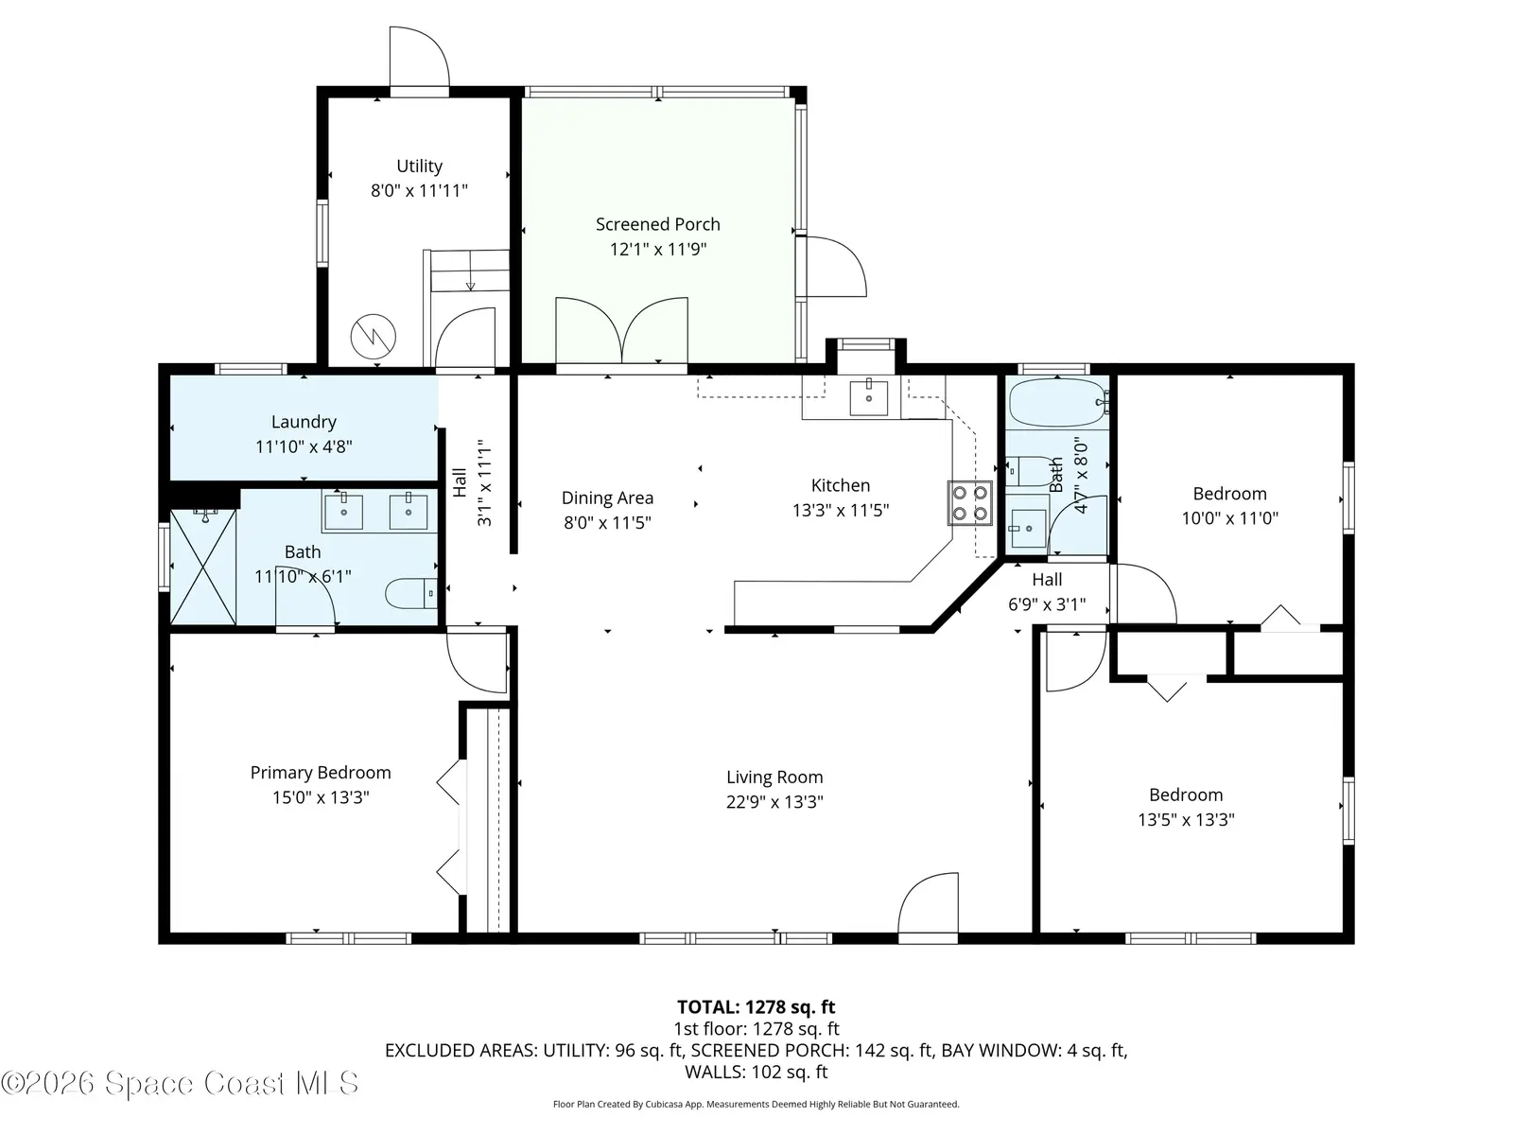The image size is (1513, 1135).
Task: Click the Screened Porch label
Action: pyautogui.click(x=657, y=225)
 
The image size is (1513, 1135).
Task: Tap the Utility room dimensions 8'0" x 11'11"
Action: pyautogui.click(x=419, y=191)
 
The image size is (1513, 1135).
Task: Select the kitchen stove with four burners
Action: pyautogui.click(x=969, y=503)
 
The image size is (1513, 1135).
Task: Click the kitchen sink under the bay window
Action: pyautogui.click(x=868, y=397)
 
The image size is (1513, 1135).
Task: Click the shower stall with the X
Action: pyautogui.click(x=202, y=567)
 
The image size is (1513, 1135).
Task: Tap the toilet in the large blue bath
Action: pyautogui.click(x=410, y=593)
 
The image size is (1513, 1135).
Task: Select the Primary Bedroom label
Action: pyautogui.click(x=321, y=773)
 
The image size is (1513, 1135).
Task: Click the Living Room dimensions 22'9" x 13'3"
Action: pyautogui.click(x=774, y=802)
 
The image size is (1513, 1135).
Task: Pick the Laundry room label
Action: pyautogui.click(x=304, y=422)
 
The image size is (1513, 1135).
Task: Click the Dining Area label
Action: pyautogui.click(x=607, y=498)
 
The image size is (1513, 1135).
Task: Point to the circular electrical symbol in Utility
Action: pyautogui.click(x=374, y=337)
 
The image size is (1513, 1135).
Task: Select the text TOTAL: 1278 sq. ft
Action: pyautogui.click(x=756, y=1007)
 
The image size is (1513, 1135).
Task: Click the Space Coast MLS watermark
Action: pyautogui.click(x=180, y=1083)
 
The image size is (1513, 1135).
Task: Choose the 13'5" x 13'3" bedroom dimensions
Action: pyautogui.click(x=1186, y=820)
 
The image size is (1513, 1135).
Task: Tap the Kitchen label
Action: pyautogui.click(x=841, y=485)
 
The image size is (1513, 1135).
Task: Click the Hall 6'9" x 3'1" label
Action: pyautogui.click(x=1047, y=592)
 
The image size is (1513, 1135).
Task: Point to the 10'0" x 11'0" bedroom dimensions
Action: pyautogui.click(x=1229, y=518)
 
